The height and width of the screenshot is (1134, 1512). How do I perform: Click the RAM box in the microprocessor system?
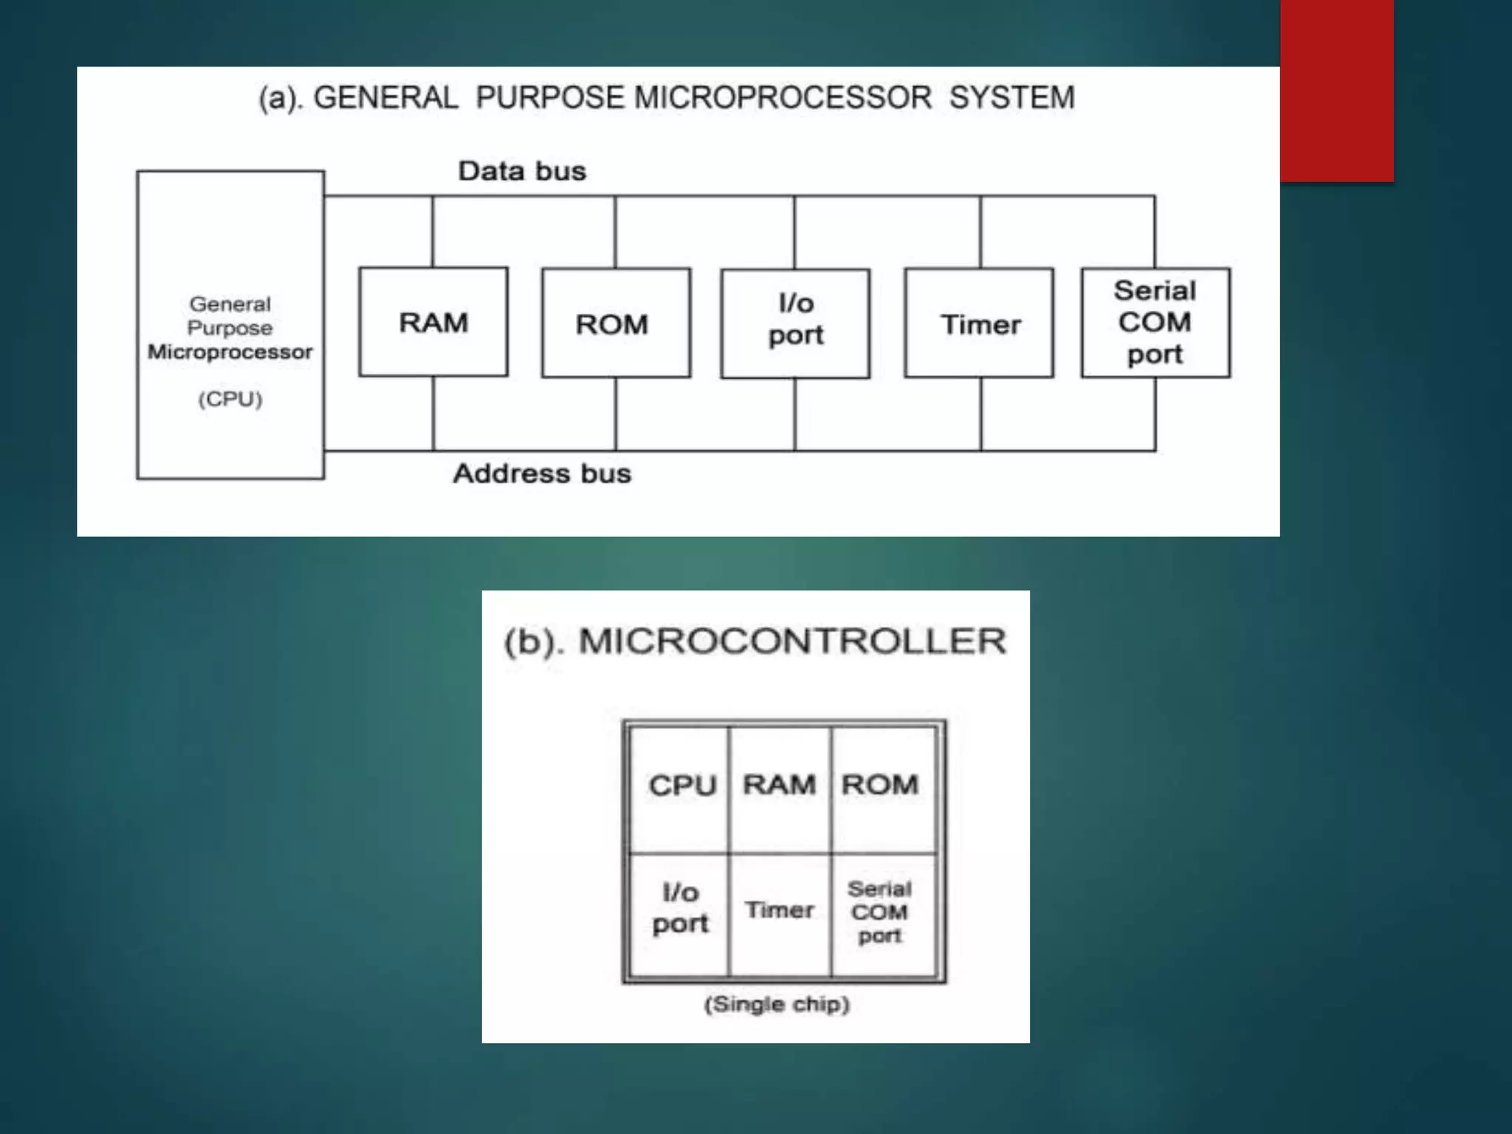pyautogui.click(x=433, y=322)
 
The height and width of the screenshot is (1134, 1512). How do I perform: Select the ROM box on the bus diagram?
pyautogui.click(x=616, y=323)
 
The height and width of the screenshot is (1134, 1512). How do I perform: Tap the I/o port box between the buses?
pyautogui.click(x=795, y=323)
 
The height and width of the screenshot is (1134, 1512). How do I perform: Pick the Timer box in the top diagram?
pyautogui.click(x=979, y=323)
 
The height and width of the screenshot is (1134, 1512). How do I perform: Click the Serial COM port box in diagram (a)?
pyautogui.click(x=1155, y=323)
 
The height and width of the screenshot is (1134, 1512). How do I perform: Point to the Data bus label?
pyautogui.click(x=522, y=171)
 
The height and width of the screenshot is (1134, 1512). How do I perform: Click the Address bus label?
pyautogui.click(x=542, y=473)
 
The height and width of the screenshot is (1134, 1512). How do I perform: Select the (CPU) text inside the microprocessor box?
pyautogui.click(x=230, y=399)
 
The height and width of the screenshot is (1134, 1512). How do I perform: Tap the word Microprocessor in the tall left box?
pyautogui.click(x=230, y=351)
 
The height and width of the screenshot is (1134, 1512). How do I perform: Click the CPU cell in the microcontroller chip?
pyautogui.click(x=681, y=786)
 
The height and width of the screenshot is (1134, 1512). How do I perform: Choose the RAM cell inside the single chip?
pyautogui.click(x=780, y=785)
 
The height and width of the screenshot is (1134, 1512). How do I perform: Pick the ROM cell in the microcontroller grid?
pyautogui.click(x=880, y=785)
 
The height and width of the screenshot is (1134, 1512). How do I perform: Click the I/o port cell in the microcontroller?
pyautogui.click(x=680, y=909)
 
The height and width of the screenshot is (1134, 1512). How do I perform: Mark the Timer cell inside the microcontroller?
pyautogui.click(x=780, y=910)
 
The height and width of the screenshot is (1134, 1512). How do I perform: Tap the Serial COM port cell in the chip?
pyautogui.click(x=880, y=912)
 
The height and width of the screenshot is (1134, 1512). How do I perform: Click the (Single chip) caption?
pyautogui.click(x=777, y=1004)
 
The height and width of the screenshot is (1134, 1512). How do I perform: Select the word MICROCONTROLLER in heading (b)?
pyautogui.click(x=792, y=641)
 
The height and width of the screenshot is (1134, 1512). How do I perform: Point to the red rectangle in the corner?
pyautogui.click(x=1336, y=90)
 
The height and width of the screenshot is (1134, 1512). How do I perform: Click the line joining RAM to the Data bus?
pyautogui.click(x=433, y=232)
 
